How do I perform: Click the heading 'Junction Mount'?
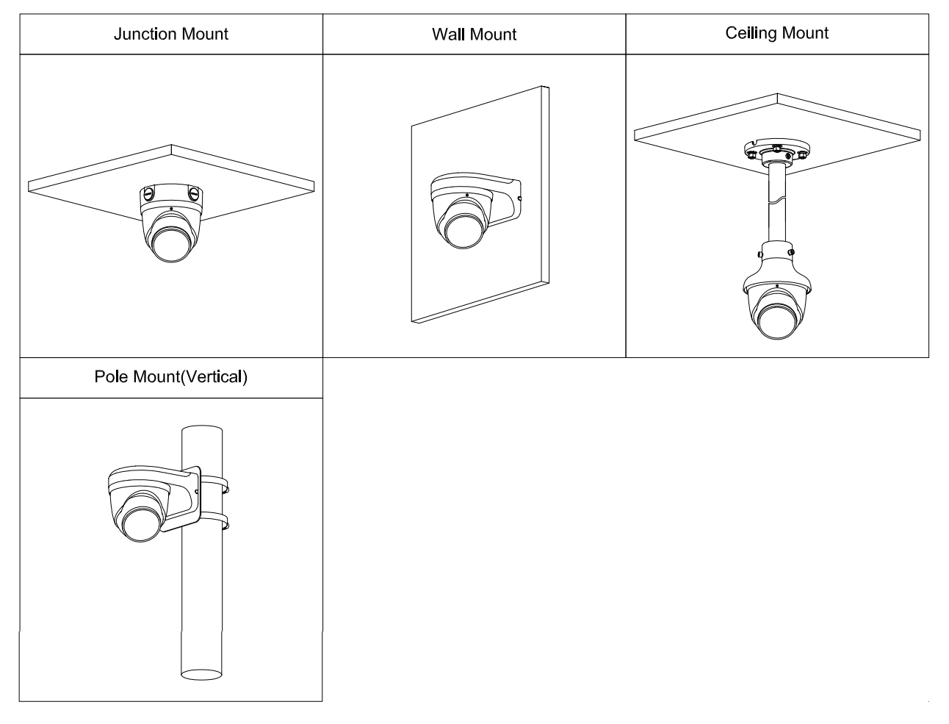pos(170,35)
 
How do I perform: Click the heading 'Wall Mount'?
pos(474,35)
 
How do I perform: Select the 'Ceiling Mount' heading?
pos(776,33)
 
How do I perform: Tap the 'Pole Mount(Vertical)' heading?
pos(170,377)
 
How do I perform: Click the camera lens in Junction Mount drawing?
pos(170,242)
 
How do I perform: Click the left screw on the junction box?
pos(148,195)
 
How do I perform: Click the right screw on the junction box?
pos(194,195)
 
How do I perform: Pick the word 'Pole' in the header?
pos(110,377)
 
